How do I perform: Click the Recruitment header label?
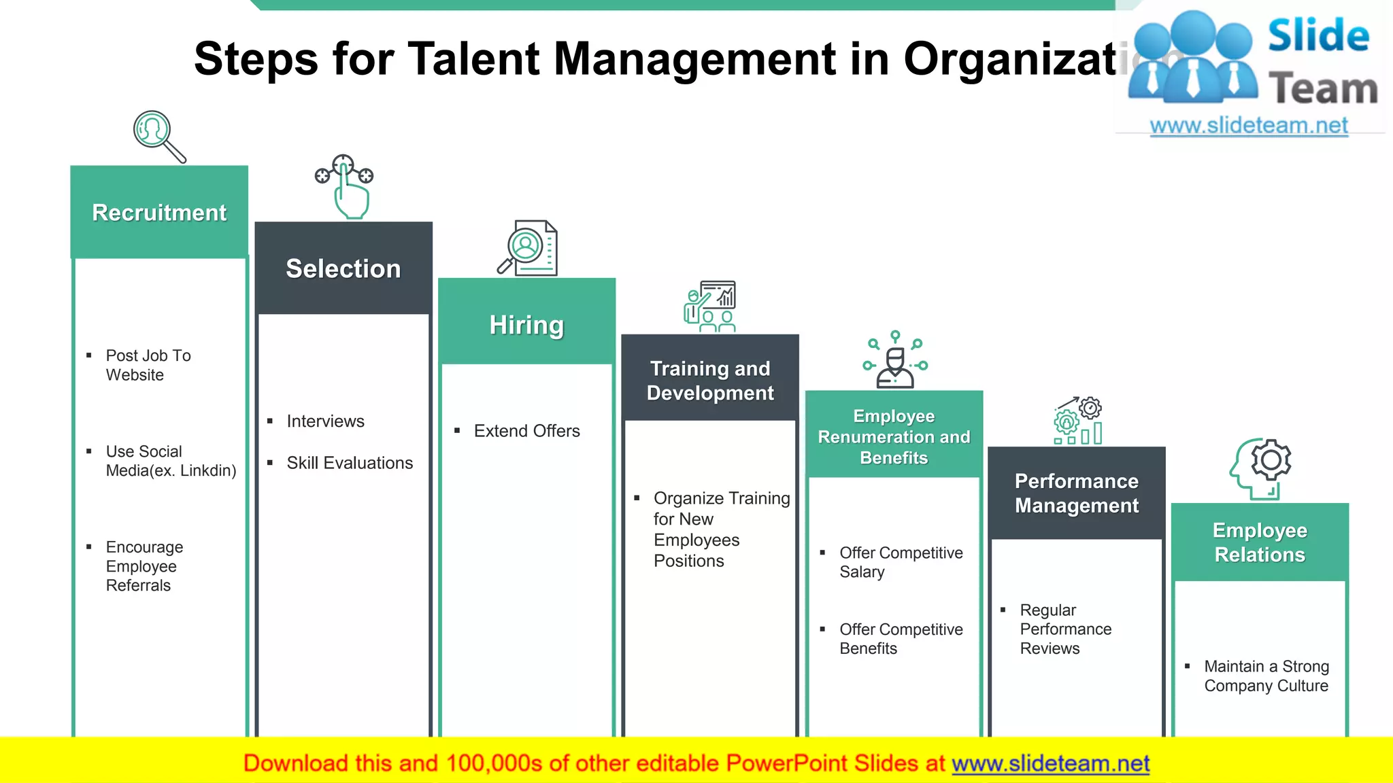coord(159,213)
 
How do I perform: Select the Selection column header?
coord(343,269)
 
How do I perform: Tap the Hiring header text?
coord(526,325)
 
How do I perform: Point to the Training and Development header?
coord(710,381)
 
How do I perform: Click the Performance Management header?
coord(1076,493)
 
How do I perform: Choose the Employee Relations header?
coord(1260,542)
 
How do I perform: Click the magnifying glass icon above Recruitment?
coord(158,136)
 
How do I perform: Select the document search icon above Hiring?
coord(528,248)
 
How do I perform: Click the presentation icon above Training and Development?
coord(710,307)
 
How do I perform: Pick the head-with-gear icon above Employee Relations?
coord(1261,468)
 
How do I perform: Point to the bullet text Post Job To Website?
coord(148,365)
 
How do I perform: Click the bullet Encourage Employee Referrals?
coord(144,566)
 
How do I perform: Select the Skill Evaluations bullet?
coord(350,463)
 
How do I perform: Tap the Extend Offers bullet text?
coord(526,431)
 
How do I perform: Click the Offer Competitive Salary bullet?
coord(901,562)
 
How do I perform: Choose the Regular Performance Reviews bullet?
coord(1065,629)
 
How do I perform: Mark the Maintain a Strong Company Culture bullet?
coord(1266,676)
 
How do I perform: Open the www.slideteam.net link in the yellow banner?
coord(1050,763)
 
